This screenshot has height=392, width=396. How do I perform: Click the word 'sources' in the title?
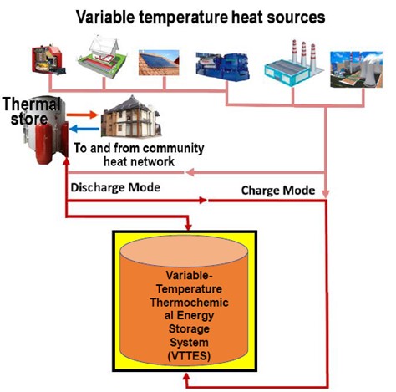point(297,18)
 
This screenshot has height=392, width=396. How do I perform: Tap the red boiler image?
point(48,59)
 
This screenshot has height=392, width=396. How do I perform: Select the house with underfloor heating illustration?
point(102,57)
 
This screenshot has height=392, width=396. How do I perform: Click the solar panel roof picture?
point(159,63)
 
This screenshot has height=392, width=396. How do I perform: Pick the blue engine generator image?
point(222,67)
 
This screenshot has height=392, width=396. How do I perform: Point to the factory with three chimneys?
point(293,64)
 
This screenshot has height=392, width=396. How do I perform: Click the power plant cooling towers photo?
point(356,69)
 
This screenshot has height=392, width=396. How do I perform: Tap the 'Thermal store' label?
point(31,111)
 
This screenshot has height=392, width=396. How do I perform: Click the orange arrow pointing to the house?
point(83,115)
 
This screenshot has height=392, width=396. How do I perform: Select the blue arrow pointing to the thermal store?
point(84,129)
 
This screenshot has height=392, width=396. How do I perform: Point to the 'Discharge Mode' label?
point(115,187)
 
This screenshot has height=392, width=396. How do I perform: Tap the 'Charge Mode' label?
point(278,191)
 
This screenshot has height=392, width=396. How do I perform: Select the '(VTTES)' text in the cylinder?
point(189,356)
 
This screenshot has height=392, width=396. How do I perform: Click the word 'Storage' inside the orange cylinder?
point(189,328)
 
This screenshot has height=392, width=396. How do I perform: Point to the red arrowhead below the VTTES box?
point(186,377)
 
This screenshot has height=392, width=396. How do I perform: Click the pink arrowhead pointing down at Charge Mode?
point(325,193)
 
